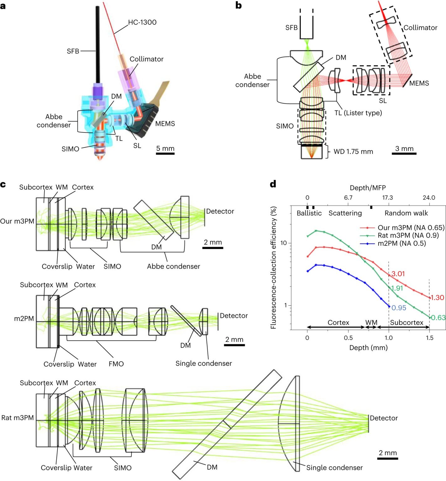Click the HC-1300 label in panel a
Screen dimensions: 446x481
[142, 22]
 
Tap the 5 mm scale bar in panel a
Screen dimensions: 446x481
[165, 153]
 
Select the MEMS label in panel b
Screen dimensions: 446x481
[419, 83]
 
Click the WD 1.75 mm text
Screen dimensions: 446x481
[353, 152]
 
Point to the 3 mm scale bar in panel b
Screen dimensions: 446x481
[404, 153]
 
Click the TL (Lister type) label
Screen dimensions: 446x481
[358, 113]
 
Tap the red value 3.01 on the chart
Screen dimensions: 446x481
[398, 274]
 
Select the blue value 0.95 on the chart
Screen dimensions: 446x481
[399, 308]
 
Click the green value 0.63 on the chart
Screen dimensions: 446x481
[438, 318]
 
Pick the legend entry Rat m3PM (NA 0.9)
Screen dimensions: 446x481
[408, 235]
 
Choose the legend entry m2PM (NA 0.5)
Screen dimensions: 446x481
[402, 243]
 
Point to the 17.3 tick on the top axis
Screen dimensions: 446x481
[387, 198]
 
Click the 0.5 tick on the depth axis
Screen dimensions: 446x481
[348, 338]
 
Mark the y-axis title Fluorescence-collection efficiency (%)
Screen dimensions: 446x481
[273, 268]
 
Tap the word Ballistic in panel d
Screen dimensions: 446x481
[309, 213]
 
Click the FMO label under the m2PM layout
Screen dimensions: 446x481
[116, 364]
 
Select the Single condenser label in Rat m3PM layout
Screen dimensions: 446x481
[334, 468]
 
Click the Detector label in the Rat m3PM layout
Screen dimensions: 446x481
[384, 418]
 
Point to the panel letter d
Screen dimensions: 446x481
[273, 184]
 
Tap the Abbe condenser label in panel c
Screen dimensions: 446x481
[174, 266]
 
